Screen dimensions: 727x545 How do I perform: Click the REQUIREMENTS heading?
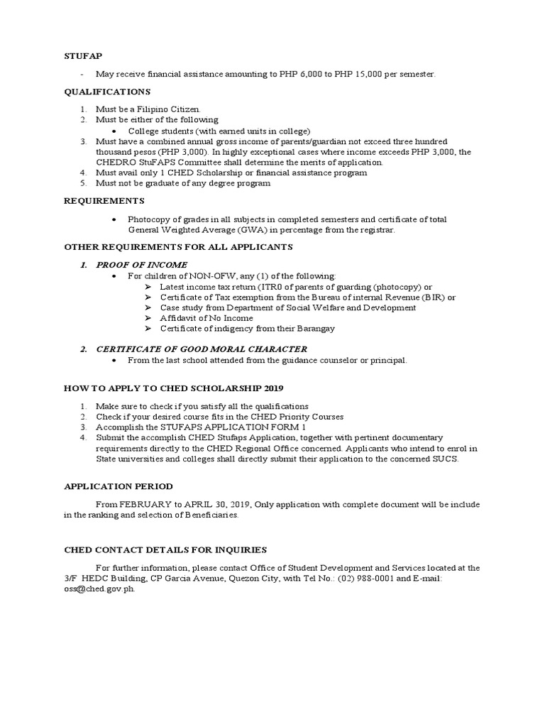tap(104, 201)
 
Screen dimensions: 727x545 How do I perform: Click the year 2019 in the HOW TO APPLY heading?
tap(272, 388)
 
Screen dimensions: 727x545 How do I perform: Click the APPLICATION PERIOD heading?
tap(119, 486)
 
